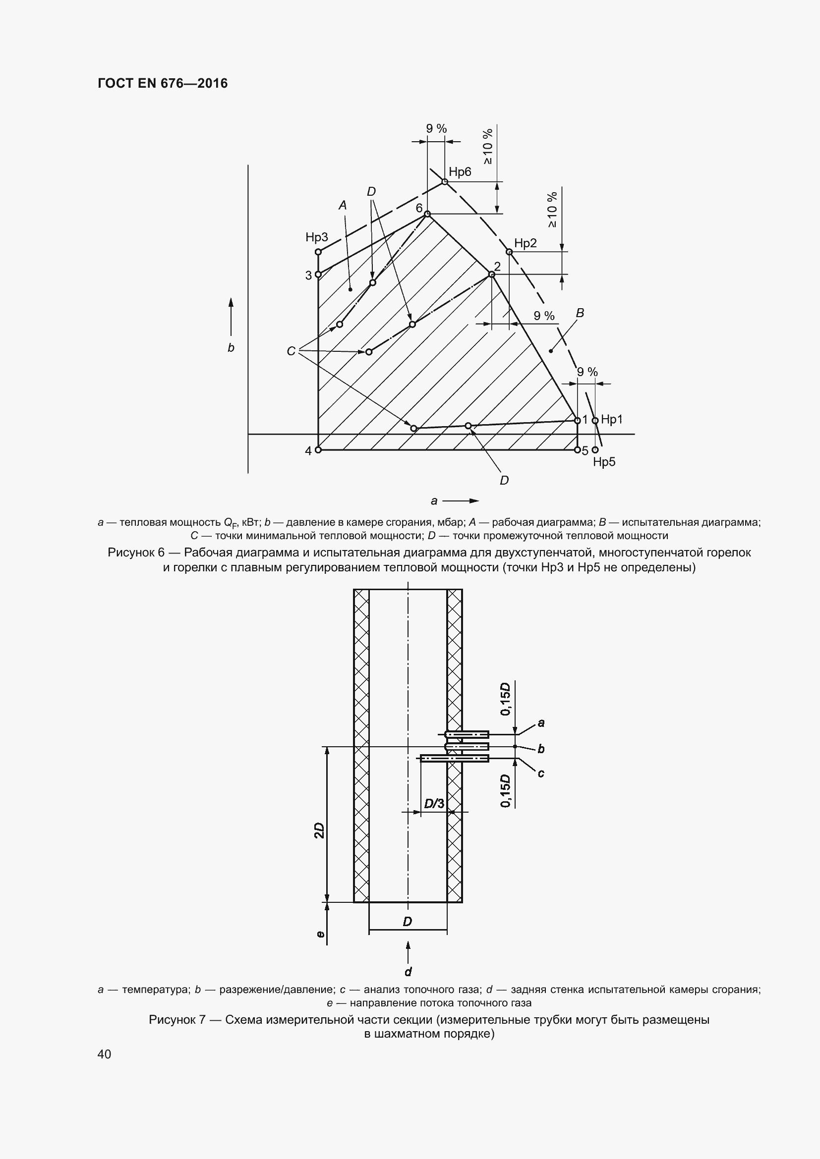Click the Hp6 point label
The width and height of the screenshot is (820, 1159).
(460, 172)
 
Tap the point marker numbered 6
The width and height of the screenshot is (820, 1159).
(427, 214)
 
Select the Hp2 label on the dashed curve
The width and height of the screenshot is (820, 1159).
(525, 243)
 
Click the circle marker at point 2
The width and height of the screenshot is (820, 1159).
(492, 274)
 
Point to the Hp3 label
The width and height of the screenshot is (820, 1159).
(317, 237)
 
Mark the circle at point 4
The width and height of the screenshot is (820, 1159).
(318, 450)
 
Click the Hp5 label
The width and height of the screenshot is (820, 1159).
(604, 462)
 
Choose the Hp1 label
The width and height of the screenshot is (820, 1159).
(611, 420)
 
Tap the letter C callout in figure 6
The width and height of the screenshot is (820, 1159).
(291, 351)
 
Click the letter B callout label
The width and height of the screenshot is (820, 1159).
(580, 313)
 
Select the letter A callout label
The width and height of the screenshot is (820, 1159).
(343, 206)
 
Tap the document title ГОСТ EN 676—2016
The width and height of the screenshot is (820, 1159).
(163, 83)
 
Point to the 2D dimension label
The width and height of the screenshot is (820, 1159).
(319, 830)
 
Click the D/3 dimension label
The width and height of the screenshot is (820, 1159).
(434, 803)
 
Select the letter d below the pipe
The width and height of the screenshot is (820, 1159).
(408, 972)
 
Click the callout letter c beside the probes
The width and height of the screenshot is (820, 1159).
(541, 773)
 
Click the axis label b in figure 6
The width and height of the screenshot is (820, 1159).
(231, 348)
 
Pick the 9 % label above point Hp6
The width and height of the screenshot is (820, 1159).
(436, 129)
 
